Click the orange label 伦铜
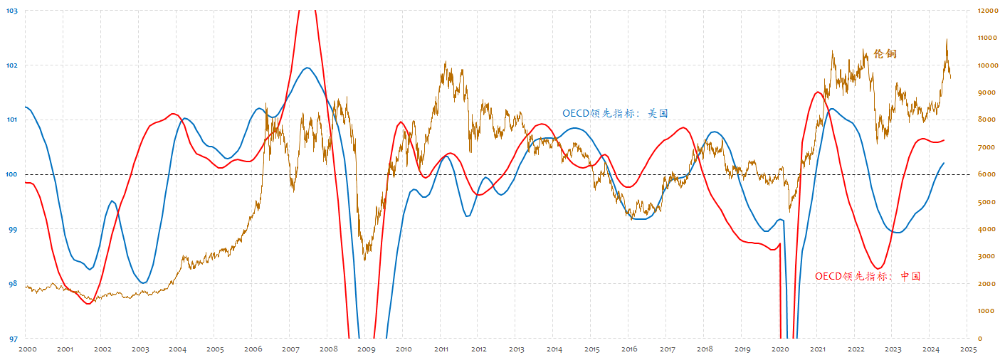click(885, 54)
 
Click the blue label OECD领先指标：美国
click(615, 113)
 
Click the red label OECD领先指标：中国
click(867, 276)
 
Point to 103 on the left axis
click(12, 11)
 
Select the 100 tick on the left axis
click(12, 174)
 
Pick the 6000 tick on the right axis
click(985, 174)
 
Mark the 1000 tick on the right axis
click(985, 311)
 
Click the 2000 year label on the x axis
click(27, 349)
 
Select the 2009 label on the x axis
click(366, 349)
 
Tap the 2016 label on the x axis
click(629, 349)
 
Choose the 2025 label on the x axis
click(968, 349)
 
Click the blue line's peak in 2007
click(307, 68)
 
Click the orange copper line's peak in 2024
click(947, 40)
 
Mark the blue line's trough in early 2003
click(143, 283)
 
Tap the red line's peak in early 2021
click(819, 92)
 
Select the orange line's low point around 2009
click(364, 260)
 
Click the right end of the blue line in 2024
click(944, 163)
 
